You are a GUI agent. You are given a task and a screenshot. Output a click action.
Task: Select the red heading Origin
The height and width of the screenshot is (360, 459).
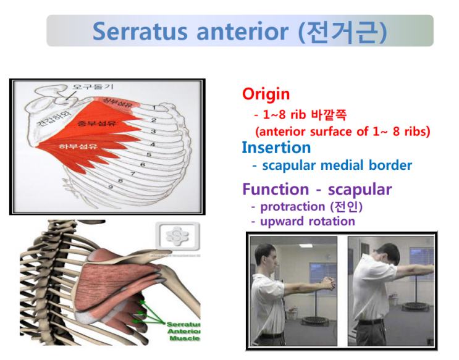266,94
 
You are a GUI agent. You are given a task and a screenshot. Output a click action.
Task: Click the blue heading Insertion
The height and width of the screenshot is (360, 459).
276,148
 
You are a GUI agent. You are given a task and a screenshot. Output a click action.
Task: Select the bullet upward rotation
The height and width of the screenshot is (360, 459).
307,221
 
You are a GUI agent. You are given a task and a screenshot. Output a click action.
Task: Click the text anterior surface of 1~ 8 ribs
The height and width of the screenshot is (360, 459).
343,132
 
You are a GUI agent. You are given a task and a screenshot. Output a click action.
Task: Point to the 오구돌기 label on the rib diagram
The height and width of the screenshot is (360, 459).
93,87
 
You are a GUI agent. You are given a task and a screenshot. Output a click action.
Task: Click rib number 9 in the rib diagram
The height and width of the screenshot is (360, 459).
110,186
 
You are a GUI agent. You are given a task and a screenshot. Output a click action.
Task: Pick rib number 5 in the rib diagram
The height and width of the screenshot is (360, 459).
148,154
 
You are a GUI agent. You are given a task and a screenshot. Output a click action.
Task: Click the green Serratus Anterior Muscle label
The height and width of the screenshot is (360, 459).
183,332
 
